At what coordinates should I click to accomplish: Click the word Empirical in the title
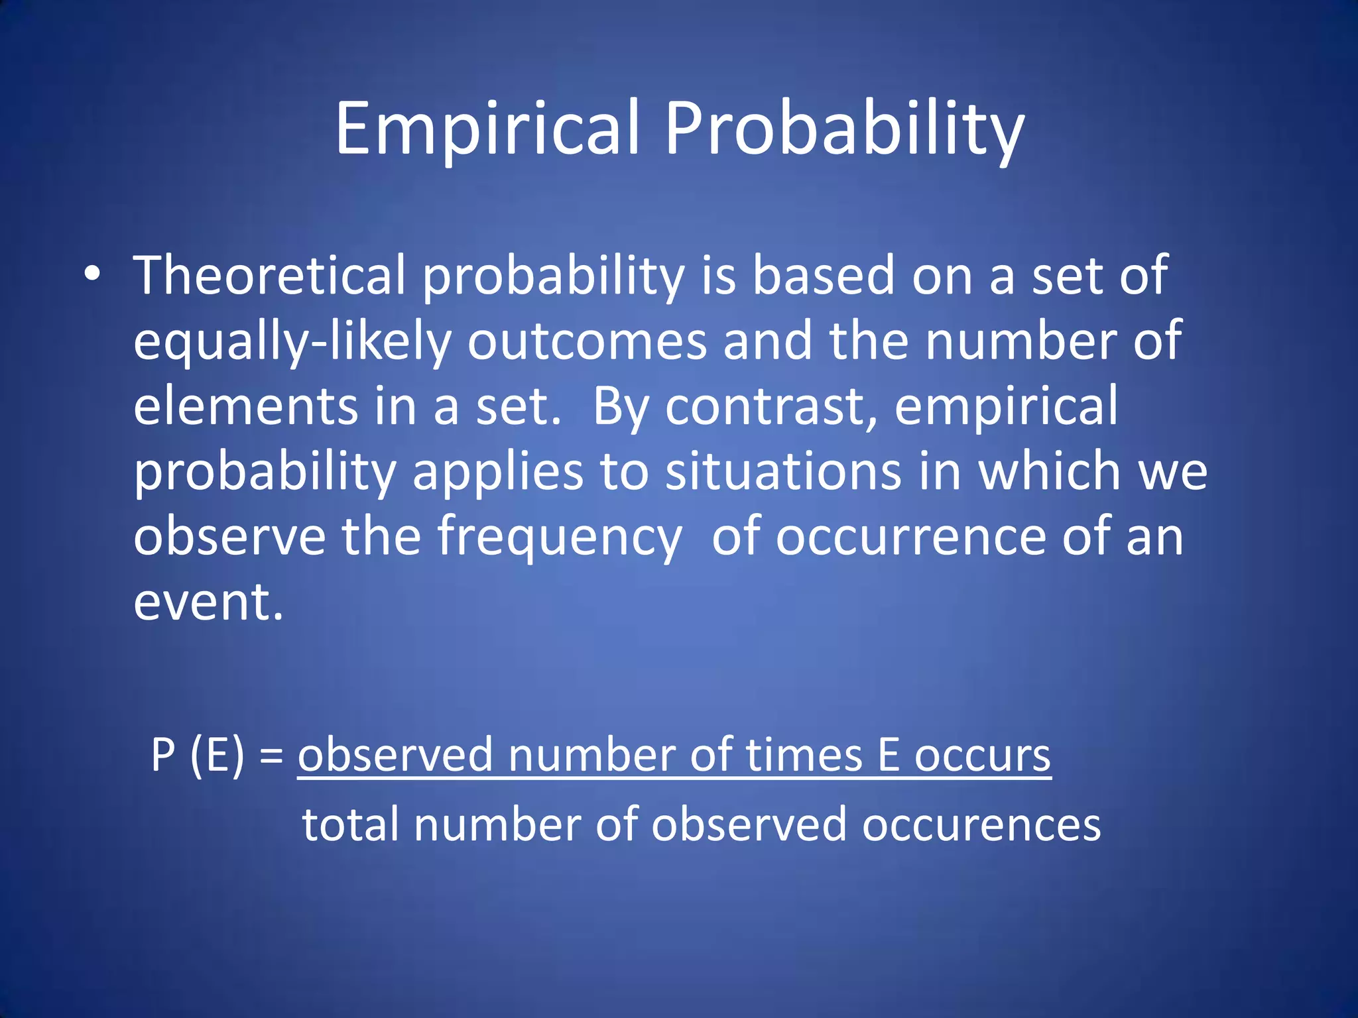(x=487, y=129)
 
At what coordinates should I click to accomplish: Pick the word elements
(x=245, y=406)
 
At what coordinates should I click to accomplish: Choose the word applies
(x=497, y=472)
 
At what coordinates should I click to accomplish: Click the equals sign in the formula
(x=272, y=756)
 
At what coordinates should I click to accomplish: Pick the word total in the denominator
(x=351, y=824)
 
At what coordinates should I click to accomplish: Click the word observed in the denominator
(x=749, y=824)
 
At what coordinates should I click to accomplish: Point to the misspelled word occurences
(x=981, y=826)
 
